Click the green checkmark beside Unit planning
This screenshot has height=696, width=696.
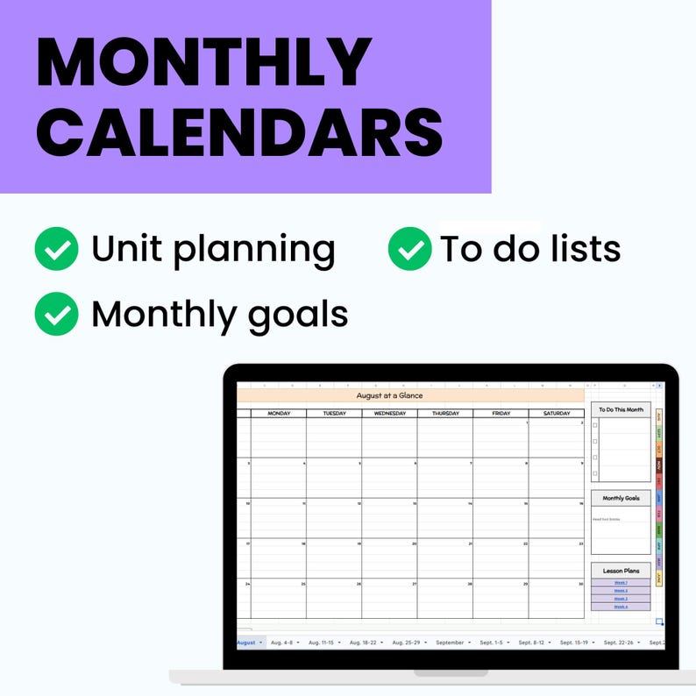pos(56,249)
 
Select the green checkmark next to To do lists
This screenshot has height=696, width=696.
pos(409,249)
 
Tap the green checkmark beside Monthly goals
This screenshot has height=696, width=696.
pos(56,314)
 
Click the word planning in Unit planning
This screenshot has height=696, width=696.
pos(253,251)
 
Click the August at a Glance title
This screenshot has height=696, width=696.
pos(389,395)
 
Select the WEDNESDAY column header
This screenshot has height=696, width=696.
pos(389,413)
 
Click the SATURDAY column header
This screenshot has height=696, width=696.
pos(556,413)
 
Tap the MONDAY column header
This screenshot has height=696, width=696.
pos(279,413)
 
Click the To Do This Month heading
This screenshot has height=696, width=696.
pos(621,409)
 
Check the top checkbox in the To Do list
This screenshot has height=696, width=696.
pos(595,425)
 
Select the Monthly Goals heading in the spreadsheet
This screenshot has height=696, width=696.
pos(621,498)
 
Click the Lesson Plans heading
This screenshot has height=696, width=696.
pos(621,571)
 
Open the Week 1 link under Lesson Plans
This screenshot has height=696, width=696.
pos(621,582)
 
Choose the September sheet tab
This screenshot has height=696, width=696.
pos(450,643)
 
